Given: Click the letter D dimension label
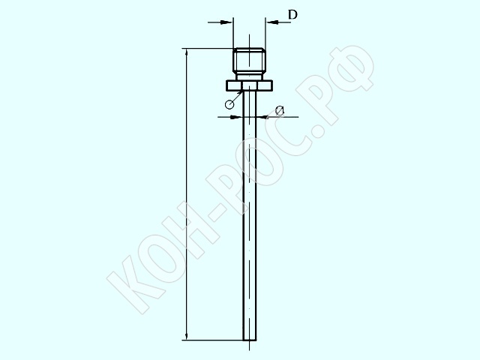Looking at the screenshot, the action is point(292,14).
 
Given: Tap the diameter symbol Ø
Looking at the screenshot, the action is point(279,110).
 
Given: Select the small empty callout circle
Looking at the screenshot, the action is point(229,104).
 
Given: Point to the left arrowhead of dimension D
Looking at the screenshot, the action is point(226,22).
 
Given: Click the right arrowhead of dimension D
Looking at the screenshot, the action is point(271,22).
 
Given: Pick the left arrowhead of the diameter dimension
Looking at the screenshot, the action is point(236,117).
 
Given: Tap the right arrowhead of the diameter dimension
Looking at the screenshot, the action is point(262,117).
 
